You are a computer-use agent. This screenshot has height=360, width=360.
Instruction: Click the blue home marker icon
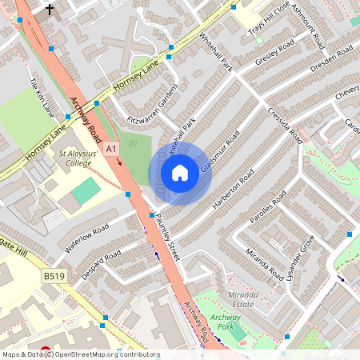pyautogui.click(x=180, y=173)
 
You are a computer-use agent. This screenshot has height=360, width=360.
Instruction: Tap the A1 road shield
pyautogui.click(x=110, y=149)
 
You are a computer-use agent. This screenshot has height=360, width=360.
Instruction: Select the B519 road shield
pyautogui.click(x=53, y=276)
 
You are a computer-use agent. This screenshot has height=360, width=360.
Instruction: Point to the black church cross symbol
pyautogui.click(x=50, y=10)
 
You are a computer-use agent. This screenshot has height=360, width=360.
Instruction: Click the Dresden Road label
pyautogui.click(x=331, y=61)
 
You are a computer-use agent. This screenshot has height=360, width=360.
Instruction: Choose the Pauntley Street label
pyautogui.click(x=172, y=240)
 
